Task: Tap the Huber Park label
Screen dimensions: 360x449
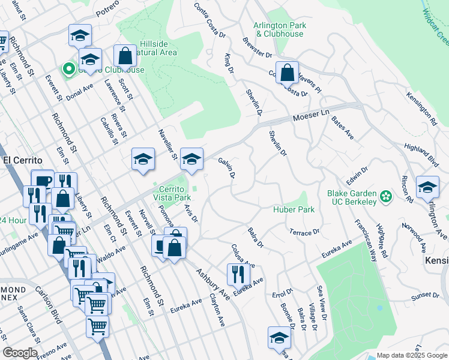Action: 294,210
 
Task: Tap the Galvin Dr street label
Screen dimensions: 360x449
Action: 226,168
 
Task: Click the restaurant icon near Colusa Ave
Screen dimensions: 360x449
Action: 238,274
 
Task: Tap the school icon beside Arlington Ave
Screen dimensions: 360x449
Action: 427,187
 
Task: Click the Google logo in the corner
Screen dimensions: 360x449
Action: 19,353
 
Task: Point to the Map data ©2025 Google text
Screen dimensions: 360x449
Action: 411,355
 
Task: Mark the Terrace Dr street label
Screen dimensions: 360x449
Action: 304,232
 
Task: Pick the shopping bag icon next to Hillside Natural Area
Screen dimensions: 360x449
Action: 125,56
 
